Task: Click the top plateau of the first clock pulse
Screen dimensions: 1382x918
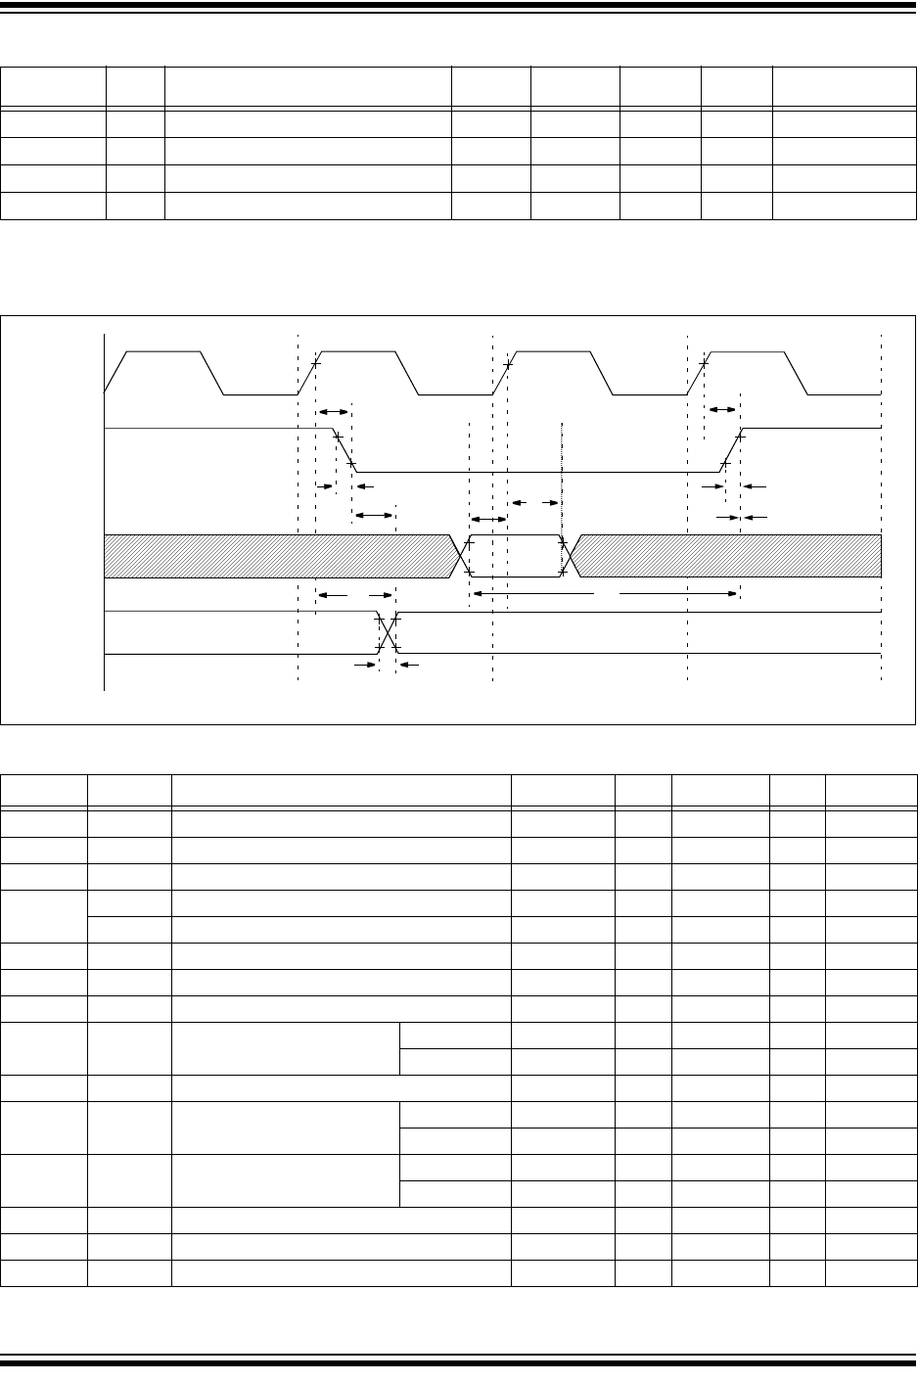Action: (x=163, y=350)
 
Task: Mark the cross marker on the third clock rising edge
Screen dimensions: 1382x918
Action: (x=507, y=364)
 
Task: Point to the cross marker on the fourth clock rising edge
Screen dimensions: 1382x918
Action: (x=704, y=364)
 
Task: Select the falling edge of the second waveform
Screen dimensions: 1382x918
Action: (x=344, y=449)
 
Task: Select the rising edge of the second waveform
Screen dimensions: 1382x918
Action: (x=732, y=449)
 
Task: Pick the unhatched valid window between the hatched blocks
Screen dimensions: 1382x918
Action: (x=516, y=557)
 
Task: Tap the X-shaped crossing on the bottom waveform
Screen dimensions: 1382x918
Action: (x=387, y=633)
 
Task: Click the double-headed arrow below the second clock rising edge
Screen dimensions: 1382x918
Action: (x=333, y=412)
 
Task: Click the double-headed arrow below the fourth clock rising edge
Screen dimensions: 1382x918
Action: (x=721, y=408)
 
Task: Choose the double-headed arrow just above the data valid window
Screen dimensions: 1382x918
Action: (x=488, y=519)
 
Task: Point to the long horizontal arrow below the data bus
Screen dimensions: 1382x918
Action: (x=604, y=593)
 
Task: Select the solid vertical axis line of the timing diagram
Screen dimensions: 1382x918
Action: (x=105, y=509)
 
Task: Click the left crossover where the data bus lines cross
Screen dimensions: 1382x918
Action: (x=458, y=557)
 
